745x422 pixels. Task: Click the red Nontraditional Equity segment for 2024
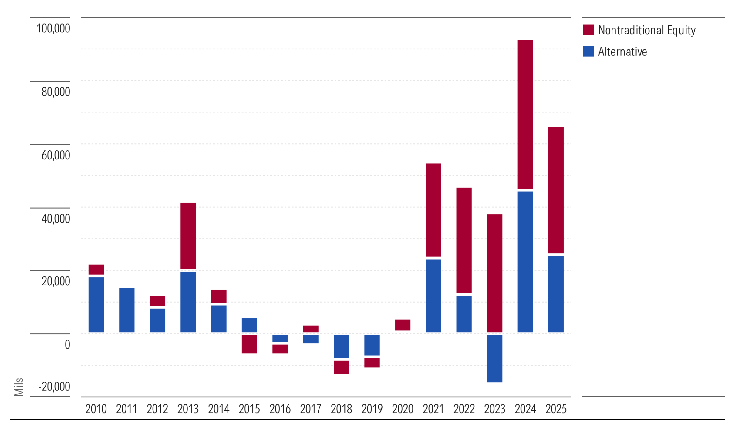[x=525, y=114]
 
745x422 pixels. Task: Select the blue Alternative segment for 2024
[x=525, y=262]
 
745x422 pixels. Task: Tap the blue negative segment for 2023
[x=494, y=358]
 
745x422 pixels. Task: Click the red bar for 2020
[x=403, y=325]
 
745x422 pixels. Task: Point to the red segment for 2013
[x=188, y=236]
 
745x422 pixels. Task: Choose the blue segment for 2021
[x=433, y=296]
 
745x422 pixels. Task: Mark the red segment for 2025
[x=556, y=190]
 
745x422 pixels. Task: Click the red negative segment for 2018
[x=341, y=367]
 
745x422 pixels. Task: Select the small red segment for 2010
[x=96, y=269]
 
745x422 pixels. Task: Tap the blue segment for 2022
[x=464, y=314]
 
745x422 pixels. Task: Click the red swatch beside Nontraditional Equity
[x=588, y=30]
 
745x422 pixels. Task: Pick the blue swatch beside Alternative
[x=588, y=51]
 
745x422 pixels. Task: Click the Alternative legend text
[x=622, y=52]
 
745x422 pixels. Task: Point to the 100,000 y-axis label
[x=53, y=28]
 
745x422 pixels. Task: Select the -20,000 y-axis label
[x=54, y=387]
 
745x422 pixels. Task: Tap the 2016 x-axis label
[x=280, y=409]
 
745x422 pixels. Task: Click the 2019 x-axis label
[x=372, y=409]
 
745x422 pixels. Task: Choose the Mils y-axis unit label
[x=19, y=387]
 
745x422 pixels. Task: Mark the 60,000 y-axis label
[x=56, y=155]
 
